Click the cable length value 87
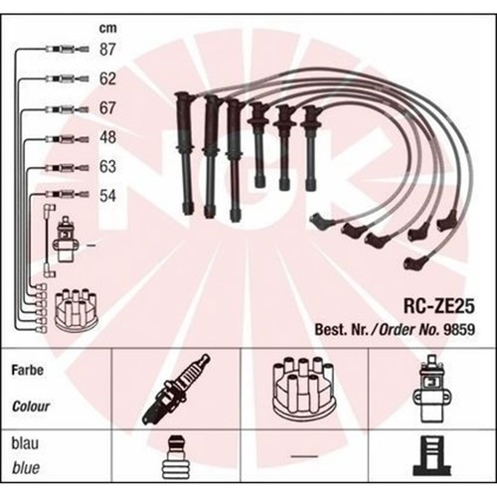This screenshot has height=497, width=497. [x=107, y=50]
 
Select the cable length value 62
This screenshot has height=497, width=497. [x=107, y=79]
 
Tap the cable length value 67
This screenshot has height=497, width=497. [x=107, y=108]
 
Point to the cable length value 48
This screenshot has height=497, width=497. [x=107, y=137]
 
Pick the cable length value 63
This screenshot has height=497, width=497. [x=107, y=166]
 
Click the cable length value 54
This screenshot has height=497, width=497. [x=107, y=196]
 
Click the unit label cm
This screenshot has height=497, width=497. [x=108, y=29]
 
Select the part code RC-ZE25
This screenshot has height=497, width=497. [x=438, y=306]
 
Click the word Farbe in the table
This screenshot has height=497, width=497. [x=28, y=370]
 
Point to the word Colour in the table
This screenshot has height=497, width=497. [x=31, y=407]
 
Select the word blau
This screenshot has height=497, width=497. [x=25, y=443]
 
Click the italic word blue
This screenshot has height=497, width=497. [x=26, y=468]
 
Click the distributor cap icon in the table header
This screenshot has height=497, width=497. [x=304, y=388]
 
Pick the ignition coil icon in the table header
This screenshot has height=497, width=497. [x=432, y=389]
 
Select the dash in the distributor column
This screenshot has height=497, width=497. [x=304, y=456]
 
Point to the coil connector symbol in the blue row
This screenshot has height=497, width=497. [x=432, y=456]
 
